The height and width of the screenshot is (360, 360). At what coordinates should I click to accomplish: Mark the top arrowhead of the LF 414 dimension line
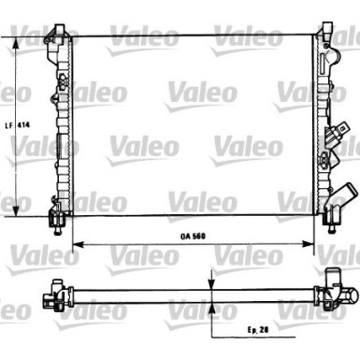click(19, 43)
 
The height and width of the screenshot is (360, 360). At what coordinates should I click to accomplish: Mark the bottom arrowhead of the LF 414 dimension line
click(19, 210)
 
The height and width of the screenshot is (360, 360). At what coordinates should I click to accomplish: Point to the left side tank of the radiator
click(61, 126)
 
